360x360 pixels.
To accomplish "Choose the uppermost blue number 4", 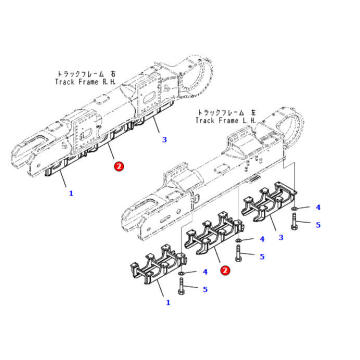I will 319,208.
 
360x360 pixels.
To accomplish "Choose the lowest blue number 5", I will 205,289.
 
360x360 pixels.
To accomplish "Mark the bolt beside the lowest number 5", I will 182,287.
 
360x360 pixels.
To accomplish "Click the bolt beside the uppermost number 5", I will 293,222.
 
